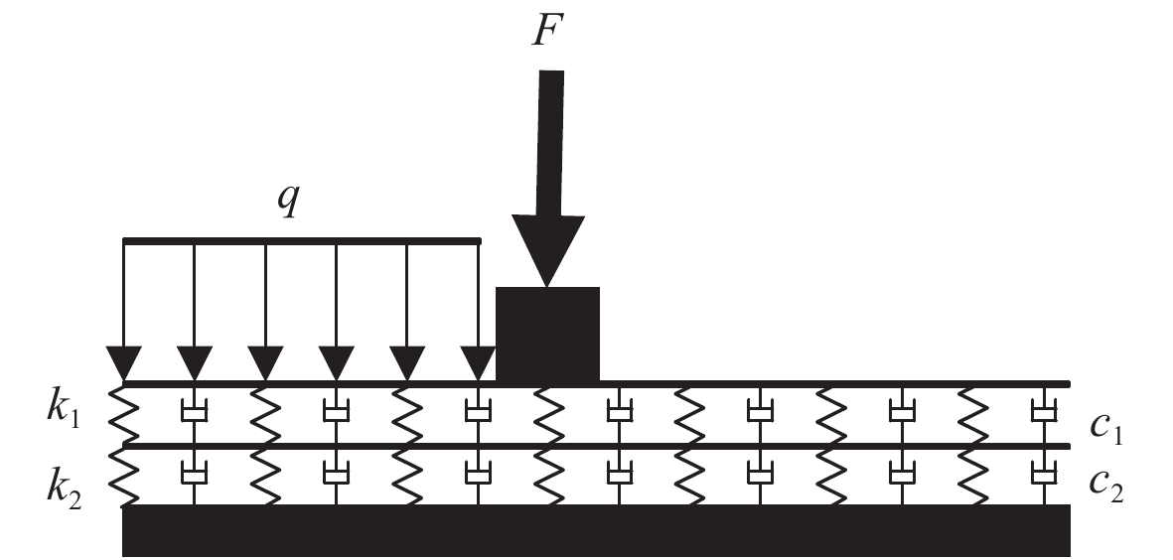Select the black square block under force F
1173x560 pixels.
pos(547,334)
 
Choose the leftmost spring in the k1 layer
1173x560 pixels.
pos(123,415)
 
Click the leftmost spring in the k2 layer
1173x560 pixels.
pos(123,477)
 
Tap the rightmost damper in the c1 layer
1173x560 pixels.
pos(1042,412)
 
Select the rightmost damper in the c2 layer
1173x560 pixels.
pos(1042,475)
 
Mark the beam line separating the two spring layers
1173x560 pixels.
pos(596,446)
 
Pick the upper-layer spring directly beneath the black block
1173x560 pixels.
pos(548,415)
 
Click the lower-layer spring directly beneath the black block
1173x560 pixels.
pos(548,477)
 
